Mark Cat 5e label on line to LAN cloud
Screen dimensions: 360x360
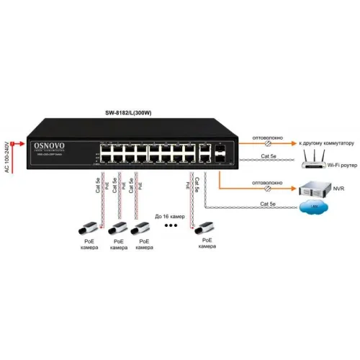pyautogui.click(x=268, y=204)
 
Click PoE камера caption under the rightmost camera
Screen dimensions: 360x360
pyautogui.click(x=206, y=243)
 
